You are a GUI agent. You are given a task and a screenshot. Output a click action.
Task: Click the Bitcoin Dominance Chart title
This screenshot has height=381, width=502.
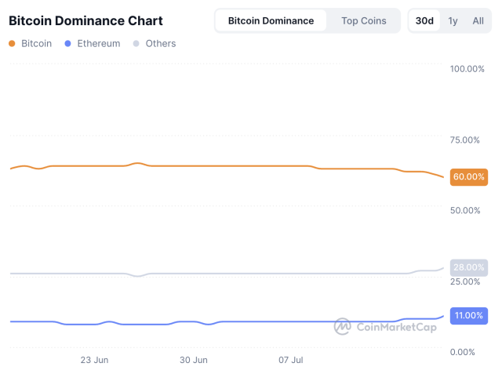pyautogui.click(x=85, y=20)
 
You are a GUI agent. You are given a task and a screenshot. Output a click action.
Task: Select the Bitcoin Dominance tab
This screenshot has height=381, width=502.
pyautogui.click(x=271, y=20)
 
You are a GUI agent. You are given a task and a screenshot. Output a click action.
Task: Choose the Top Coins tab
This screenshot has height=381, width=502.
pyautogui.click(x=363, y=20)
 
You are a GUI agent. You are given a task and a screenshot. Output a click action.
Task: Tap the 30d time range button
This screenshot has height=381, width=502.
pyautogui.click(x=424, y=20)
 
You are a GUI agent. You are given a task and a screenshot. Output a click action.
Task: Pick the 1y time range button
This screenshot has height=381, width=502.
pyautogui.click(x=453, y=20)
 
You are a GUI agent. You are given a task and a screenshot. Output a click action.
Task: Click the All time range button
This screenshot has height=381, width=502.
pyautogui.click(x=478, y=20)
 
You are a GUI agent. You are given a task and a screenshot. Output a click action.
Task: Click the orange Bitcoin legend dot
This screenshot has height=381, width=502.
pyautogui.click(x=11, y=44)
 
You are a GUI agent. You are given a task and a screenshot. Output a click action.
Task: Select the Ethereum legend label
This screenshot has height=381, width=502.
pyautogui.click(x=98, y=44)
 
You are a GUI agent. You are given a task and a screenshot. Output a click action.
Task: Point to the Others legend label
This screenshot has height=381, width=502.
pyautogui.click(x=160, y=44)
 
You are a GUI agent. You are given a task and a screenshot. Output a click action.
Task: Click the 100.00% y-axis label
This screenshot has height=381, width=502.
pyautogui.click(x=467, y=69)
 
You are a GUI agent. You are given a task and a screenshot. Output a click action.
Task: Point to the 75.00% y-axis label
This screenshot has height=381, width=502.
pyautogui.click(x=464, y=140)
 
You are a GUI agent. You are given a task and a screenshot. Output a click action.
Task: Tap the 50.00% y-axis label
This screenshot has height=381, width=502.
pyautogui.click(x=464, y=210)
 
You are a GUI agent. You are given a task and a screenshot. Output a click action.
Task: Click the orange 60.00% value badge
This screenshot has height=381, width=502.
pyautogui.click(x=469, y=176)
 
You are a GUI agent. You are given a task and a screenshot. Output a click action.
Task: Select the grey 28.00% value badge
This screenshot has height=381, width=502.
pyautogui.click(x=469, y=267)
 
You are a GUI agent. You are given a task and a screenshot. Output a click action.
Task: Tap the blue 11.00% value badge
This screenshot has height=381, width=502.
pyautogui.click(x=469, y=315)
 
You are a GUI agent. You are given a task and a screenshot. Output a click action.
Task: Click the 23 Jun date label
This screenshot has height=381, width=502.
pyautogui.click(x=94, y=361)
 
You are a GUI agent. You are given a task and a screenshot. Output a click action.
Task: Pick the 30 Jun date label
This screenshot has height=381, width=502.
pyautogui.click(x=193, y=361)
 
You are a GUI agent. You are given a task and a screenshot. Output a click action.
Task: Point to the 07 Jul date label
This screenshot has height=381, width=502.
pyautogui.click(x=291, y=361)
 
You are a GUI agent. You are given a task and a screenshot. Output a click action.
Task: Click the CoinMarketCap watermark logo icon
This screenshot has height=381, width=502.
pyautogui.click(x=342, y=326)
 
